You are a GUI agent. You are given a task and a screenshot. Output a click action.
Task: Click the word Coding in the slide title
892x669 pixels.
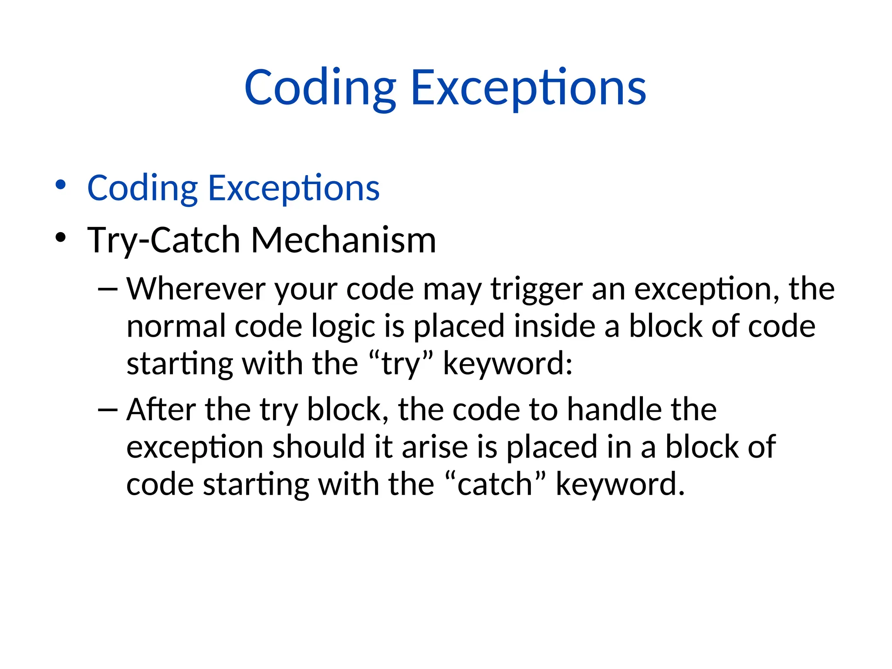pos(320,88)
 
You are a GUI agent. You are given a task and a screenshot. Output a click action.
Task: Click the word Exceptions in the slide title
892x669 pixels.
pos(528,88)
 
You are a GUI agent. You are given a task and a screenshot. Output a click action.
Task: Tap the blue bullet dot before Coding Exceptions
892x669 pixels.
pos(61,185)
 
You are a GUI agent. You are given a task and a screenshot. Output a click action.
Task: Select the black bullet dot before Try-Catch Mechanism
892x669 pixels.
pos(61,237)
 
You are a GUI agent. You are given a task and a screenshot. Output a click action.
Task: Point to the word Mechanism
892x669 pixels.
pos(344,240)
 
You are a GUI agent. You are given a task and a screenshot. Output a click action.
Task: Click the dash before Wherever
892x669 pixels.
pos(108,289)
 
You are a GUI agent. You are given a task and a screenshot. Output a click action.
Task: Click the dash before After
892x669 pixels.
pos(108,409)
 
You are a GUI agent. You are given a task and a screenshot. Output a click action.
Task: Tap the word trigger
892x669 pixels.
pos(537,290)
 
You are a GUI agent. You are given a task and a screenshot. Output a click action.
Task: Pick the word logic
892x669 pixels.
pos(343,327)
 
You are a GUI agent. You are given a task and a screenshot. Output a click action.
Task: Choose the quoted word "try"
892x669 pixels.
pos(401,364)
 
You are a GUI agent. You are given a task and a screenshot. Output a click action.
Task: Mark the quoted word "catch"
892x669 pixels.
pos(495,484)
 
